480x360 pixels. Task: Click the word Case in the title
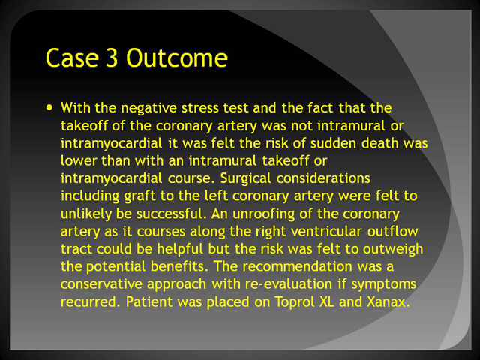[72, 58]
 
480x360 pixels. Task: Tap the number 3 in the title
[112, 58]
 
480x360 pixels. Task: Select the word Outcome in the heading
[177, 58]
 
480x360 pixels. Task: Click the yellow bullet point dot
[49, 107]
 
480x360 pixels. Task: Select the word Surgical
[246, 178]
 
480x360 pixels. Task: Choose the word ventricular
[326, 232]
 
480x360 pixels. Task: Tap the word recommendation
[297, 267]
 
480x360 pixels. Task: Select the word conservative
[101, 284]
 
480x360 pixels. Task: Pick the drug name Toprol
[295, 302]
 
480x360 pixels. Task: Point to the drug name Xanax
[388, 301]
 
